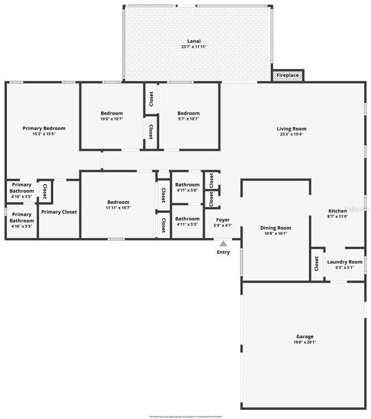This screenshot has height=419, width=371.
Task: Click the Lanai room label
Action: click(x=194, y=40)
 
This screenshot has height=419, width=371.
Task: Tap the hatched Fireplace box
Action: click(x=287, y=76)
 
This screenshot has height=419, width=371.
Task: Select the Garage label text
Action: click(x=305, y=336)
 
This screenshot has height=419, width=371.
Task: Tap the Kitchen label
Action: click(x=337, y=211)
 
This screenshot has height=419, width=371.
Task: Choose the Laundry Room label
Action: click(x=344, y=262)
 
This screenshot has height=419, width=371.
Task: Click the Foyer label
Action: click(x=222, y=220)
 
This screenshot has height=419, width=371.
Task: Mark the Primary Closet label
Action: click(x=59, y=212)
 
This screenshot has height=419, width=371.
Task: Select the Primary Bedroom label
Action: click(x=44, y=128)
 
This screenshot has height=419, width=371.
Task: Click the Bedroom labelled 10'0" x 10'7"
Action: click(x=112, y=113)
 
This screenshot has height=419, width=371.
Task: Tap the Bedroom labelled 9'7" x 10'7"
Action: click(x=188, y=113)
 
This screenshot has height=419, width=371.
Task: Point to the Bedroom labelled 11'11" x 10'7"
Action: click(x=118, y=202)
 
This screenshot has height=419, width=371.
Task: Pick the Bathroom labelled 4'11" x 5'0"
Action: click(x=187, y=184)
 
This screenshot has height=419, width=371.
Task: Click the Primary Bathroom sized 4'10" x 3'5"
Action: click(x=22, y=187)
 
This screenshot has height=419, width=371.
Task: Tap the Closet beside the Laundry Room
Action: click(x=316, y=265)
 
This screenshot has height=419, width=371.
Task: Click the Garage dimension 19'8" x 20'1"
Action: click(x=305, y=343)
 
